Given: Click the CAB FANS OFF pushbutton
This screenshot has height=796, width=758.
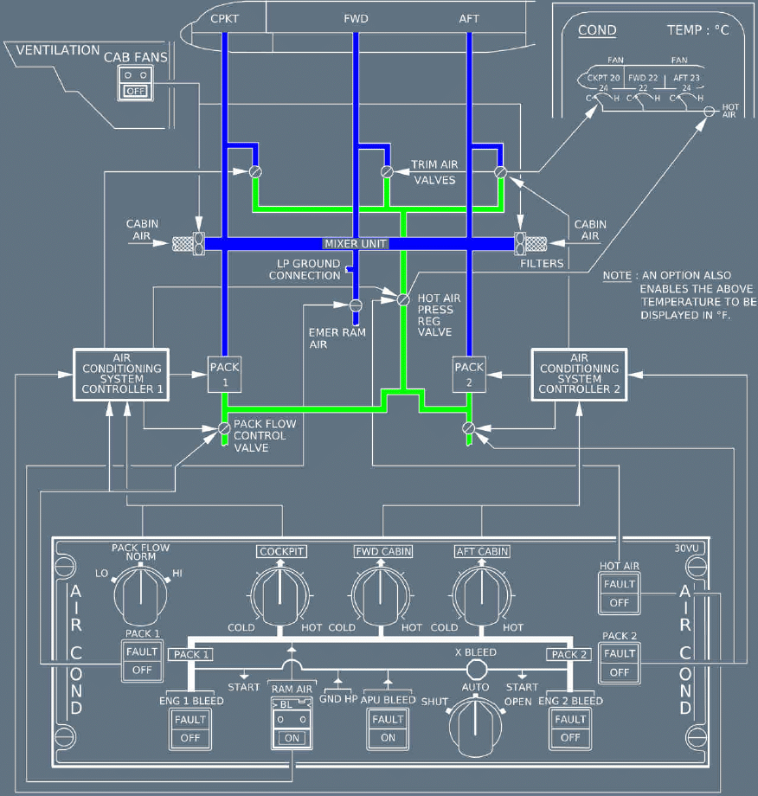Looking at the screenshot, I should click(135, 83).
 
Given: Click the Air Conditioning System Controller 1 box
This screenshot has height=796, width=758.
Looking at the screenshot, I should click(119, 373).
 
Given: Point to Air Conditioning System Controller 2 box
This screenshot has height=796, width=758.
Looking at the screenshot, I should click(579, 373).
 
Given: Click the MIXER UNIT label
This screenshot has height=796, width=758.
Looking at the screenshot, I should click(356, 244).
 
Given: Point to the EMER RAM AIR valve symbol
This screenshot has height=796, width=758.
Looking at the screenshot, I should click(355, 305).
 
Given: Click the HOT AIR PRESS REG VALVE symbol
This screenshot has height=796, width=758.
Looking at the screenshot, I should click(402, 299).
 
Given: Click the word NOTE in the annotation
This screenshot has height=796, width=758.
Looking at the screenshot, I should click(616, 276).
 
